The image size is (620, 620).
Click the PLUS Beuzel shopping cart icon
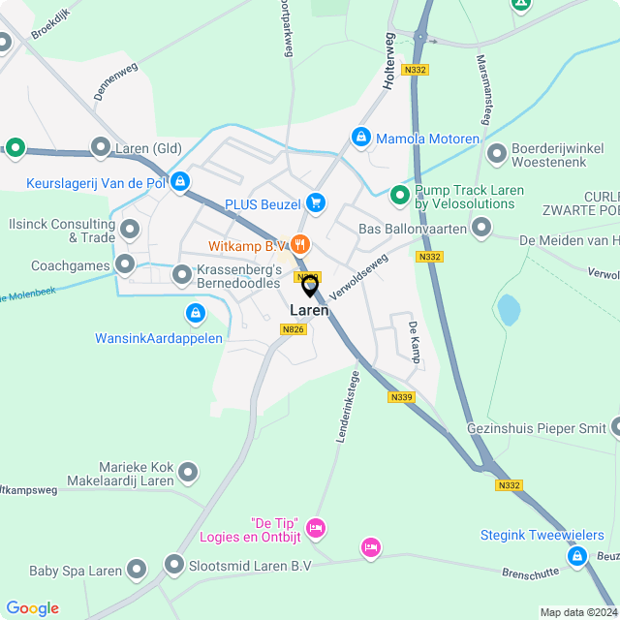point(315,202)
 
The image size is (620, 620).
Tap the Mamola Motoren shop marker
point(361,139)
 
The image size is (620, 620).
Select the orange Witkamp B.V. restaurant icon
point(300,245)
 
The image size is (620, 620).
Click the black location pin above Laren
point(310,287)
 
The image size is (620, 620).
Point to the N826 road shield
point(294,330)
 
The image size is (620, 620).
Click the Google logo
point(32,608)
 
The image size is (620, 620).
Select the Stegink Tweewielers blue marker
point(578,556)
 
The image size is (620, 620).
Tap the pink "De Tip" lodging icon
point(315,528)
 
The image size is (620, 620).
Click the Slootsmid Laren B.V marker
point(174,564)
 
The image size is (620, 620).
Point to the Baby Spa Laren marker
point(137,571)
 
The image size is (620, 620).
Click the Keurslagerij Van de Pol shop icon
point(180,181)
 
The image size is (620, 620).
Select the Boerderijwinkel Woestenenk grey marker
point(497,154)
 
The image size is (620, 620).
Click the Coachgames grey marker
point(125,264)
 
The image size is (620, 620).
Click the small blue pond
point(508,310)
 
